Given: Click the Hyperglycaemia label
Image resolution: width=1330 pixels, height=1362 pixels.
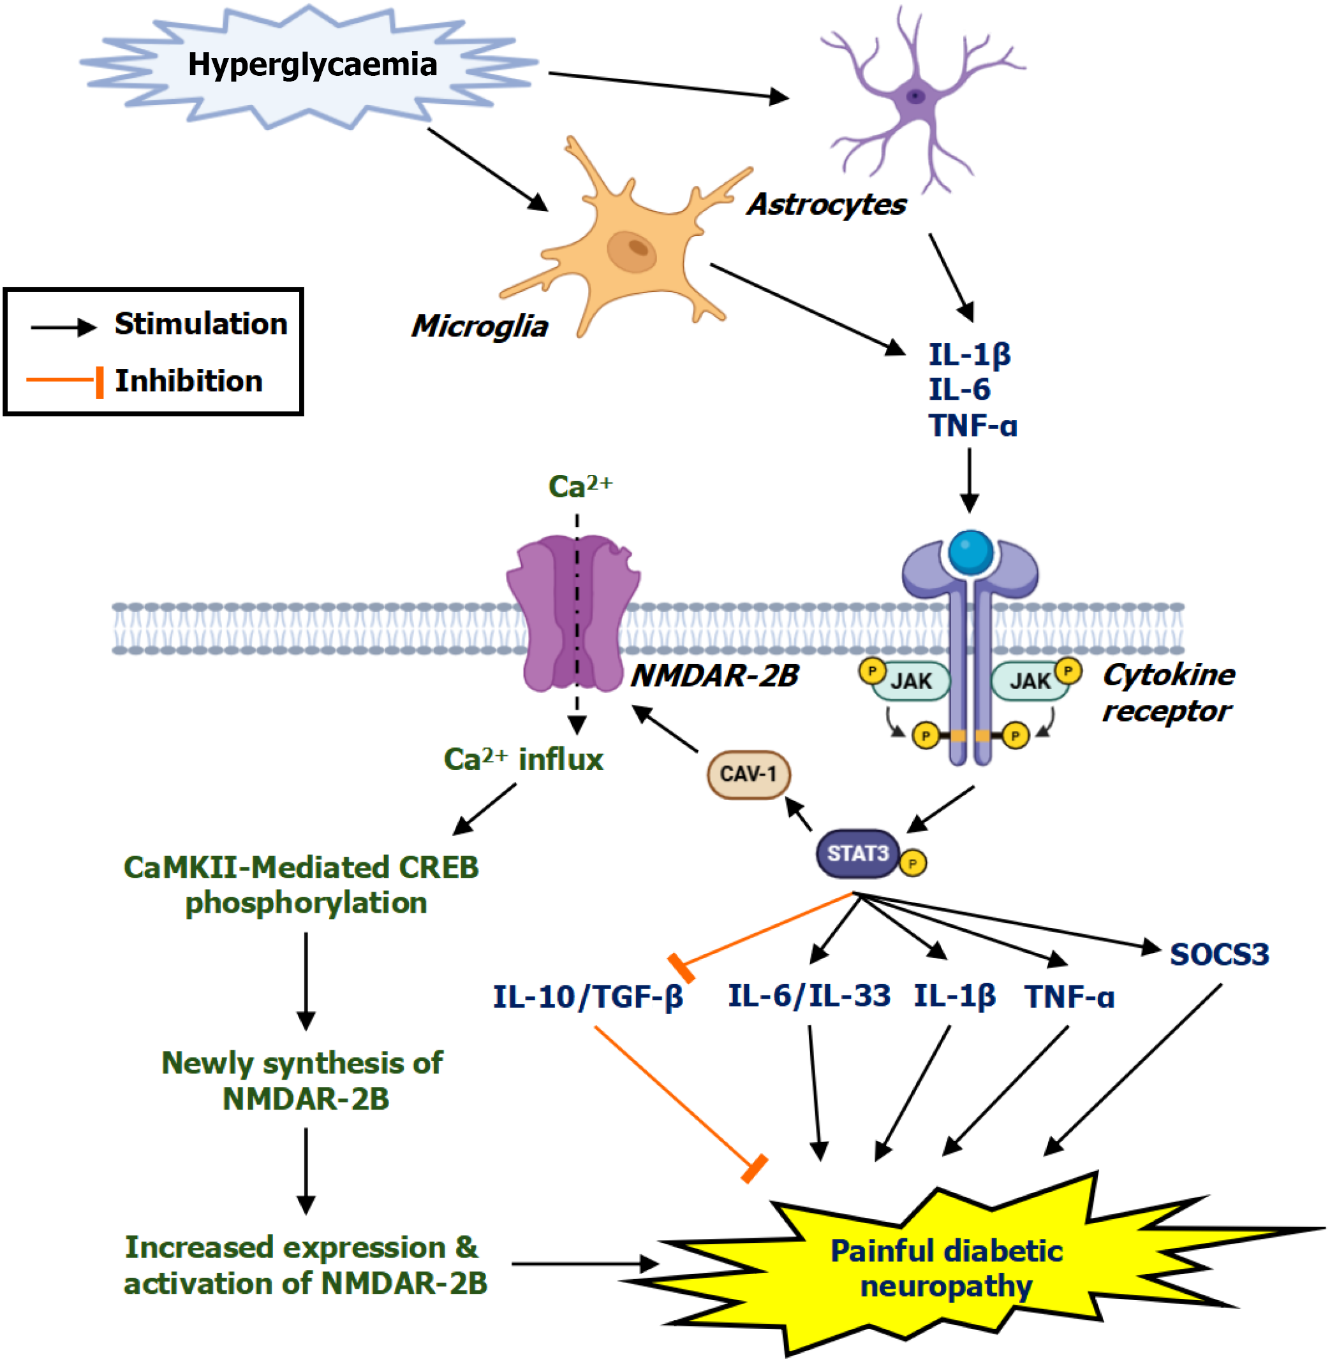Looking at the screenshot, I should pyautogui.click(x=312, y=65).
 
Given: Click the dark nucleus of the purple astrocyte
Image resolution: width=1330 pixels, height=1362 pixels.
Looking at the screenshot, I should pyautogui.click(x=915, y=96).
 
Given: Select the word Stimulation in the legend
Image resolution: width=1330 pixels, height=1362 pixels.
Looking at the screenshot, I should pyautogui.click(x=200, y=324).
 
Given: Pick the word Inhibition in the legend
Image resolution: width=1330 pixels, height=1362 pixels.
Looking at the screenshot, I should pyautogui.click(x=189, y=381).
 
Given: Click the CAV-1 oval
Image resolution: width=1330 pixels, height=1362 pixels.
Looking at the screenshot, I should pyautogui.click(x=748, y=774).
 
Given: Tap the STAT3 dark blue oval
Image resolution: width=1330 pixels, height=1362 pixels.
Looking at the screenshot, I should pyautogui.click(x=857, y=853).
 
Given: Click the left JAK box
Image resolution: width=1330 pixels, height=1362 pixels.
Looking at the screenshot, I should pyautogui.click(x=910, y=681).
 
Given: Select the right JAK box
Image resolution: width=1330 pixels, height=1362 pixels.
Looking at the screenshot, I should pyautogui.click(x=1030, y=681).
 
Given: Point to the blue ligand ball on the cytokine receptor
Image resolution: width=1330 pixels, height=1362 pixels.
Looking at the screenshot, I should pyautogui.click(x=970, y=551).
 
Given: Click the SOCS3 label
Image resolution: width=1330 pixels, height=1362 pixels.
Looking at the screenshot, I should pyautogui.click(x=1219, y=954).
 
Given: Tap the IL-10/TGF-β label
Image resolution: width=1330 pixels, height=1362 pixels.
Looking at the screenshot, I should pyautogui.click(x=587, y=996).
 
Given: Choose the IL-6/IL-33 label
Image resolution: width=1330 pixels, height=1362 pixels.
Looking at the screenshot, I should pyautogui.click(x=809, y=996).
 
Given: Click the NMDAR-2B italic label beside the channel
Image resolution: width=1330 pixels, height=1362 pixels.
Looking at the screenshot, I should pyautogui.click(x=714, y=676).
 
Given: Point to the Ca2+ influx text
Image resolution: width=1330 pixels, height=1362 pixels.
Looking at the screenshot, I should pyautogui.click(x=523, y=760).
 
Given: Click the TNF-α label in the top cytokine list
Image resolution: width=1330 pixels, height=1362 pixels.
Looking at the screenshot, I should pyautogui.click(x=972, y=426).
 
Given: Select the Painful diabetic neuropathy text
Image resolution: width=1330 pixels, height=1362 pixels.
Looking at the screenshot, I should pyautogui.click(x=947, y=1268).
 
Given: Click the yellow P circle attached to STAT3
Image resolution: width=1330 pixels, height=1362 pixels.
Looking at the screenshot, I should pyautogui.click(x=912, y=864).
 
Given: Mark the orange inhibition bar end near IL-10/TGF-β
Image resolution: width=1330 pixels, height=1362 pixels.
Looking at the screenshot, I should pyautogui.click(x=681, y=968).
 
